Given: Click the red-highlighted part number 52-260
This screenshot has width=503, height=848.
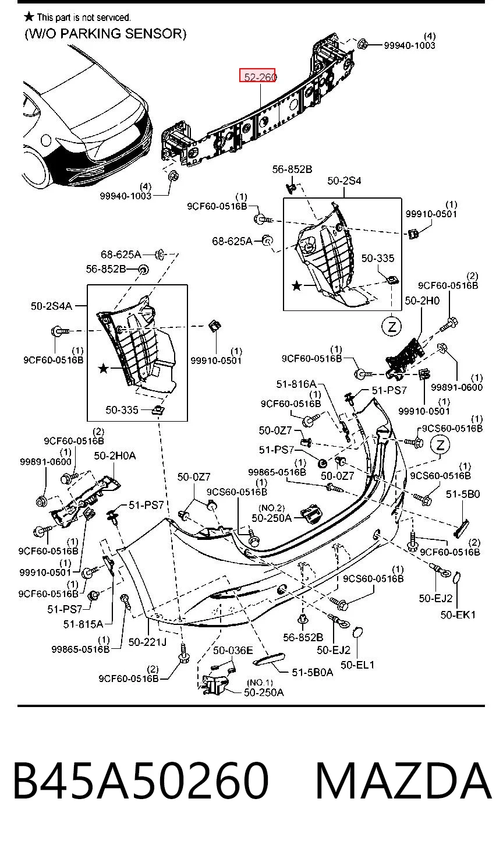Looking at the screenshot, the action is pos(260,76).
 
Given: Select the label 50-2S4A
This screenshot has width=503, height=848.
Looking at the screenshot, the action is pos(51,306).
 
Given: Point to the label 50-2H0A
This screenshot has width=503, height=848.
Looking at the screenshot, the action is pos(115,455).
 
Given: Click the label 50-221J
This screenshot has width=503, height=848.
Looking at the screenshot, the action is pos(148,642).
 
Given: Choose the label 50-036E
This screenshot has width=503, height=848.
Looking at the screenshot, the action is pos(233,651).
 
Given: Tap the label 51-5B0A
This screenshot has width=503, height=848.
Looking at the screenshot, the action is pos(312,672).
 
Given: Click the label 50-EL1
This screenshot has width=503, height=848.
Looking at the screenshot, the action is pos(357,665).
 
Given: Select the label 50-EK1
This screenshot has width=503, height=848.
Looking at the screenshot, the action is pos(458,615).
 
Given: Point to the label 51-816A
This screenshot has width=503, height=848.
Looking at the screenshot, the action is pos(296,384).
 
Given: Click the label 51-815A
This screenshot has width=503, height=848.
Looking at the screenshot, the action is pos(83,624).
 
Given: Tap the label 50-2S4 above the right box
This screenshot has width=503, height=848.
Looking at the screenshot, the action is pos(344,181).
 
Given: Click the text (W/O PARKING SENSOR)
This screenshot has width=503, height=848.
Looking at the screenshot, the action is pos(105,34).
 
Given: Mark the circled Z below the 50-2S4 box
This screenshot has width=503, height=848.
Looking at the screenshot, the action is pos(392,326).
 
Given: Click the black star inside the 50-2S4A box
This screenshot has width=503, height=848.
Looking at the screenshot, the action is pos(103,368).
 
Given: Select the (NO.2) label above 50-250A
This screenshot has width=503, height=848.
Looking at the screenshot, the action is pos(271,508).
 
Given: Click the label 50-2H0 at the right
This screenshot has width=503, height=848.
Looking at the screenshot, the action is pos(422,301).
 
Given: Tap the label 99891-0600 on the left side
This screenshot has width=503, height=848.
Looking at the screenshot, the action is pos(45,462).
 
